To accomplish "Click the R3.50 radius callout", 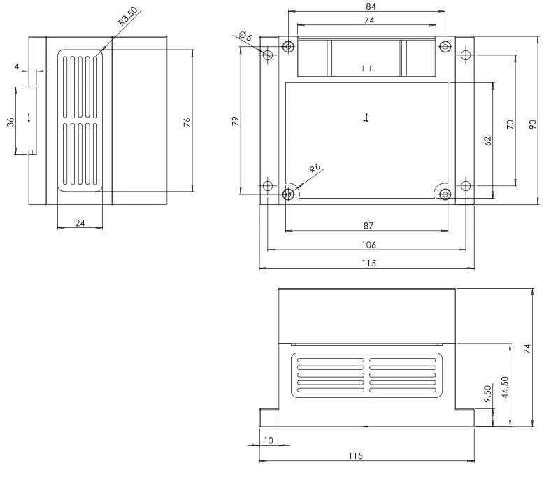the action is coord(127,17).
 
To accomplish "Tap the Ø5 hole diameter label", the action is coord(245,36).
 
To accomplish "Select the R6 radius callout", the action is coord(315,169).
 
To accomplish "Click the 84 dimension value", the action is coord(371,7).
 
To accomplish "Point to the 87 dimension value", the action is coord(368,226).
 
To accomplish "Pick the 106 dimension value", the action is coord(369,245).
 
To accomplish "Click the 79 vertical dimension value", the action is coord(236,121).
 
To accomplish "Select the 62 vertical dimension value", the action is coord(488,141).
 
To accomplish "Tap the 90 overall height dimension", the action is coord(533,124).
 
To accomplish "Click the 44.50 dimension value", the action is coord(505,387).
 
